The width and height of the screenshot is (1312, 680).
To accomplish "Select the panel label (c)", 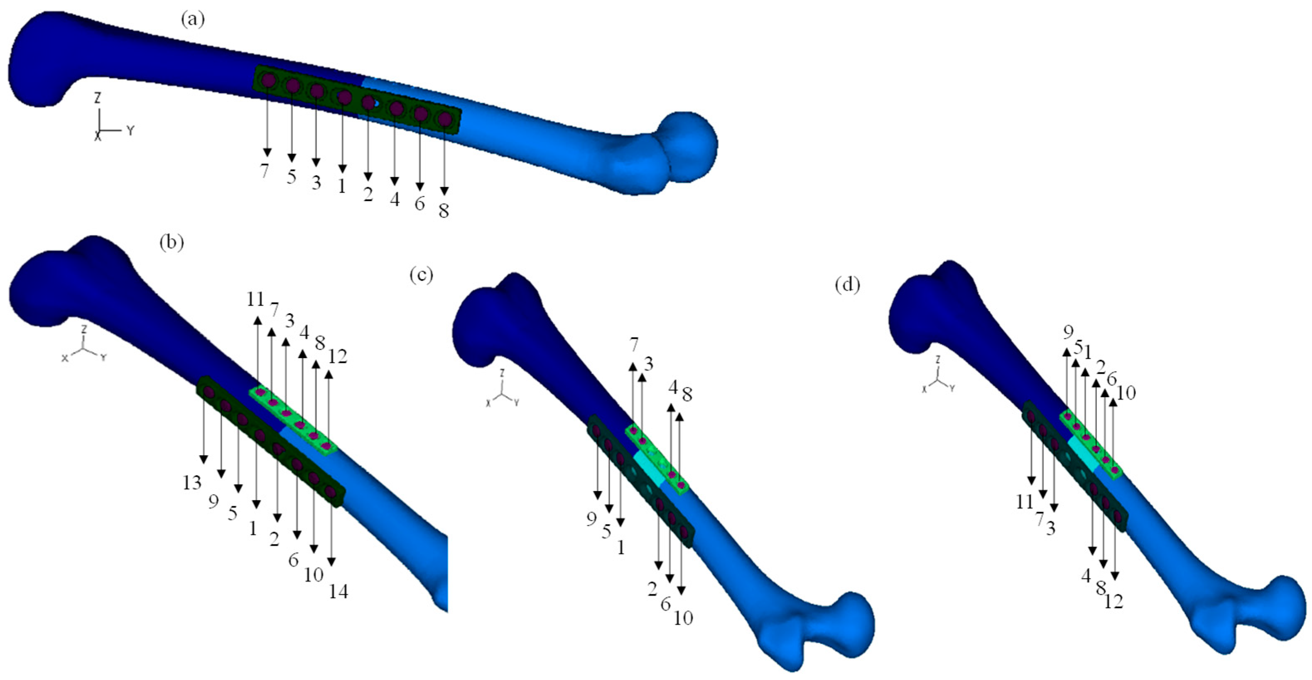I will click(x=421, y=275).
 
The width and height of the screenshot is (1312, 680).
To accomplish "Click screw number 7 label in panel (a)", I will click(x=264, y=171).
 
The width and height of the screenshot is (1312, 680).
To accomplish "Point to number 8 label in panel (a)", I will click(x=444, y=210).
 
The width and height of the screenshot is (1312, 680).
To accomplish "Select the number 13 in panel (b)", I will click(x=192, y=482).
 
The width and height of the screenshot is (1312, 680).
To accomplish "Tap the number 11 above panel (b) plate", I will click(x=255, y=299).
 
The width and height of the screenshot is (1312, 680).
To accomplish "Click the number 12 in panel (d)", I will click(x=1114, y=602).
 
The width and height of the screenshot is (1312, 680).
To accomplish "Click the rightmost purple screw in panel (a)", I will click(x=445, y=119).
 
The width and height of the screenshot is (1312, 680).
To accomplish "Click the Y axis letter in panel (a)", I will click(x=131, y=130).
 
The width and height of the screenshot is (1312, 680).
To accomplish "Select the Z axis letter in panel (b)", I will click(x=85, y=329).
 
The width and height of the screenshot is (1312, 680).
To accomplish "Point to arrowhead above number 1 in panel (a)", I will click(x=342, y=169).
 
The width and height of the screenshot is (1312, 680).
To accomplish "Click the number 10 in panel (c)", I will click(x=683, y=619).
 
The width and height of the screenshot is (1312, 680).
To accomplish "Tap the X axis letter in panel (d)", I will click(x=925, y=389).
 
